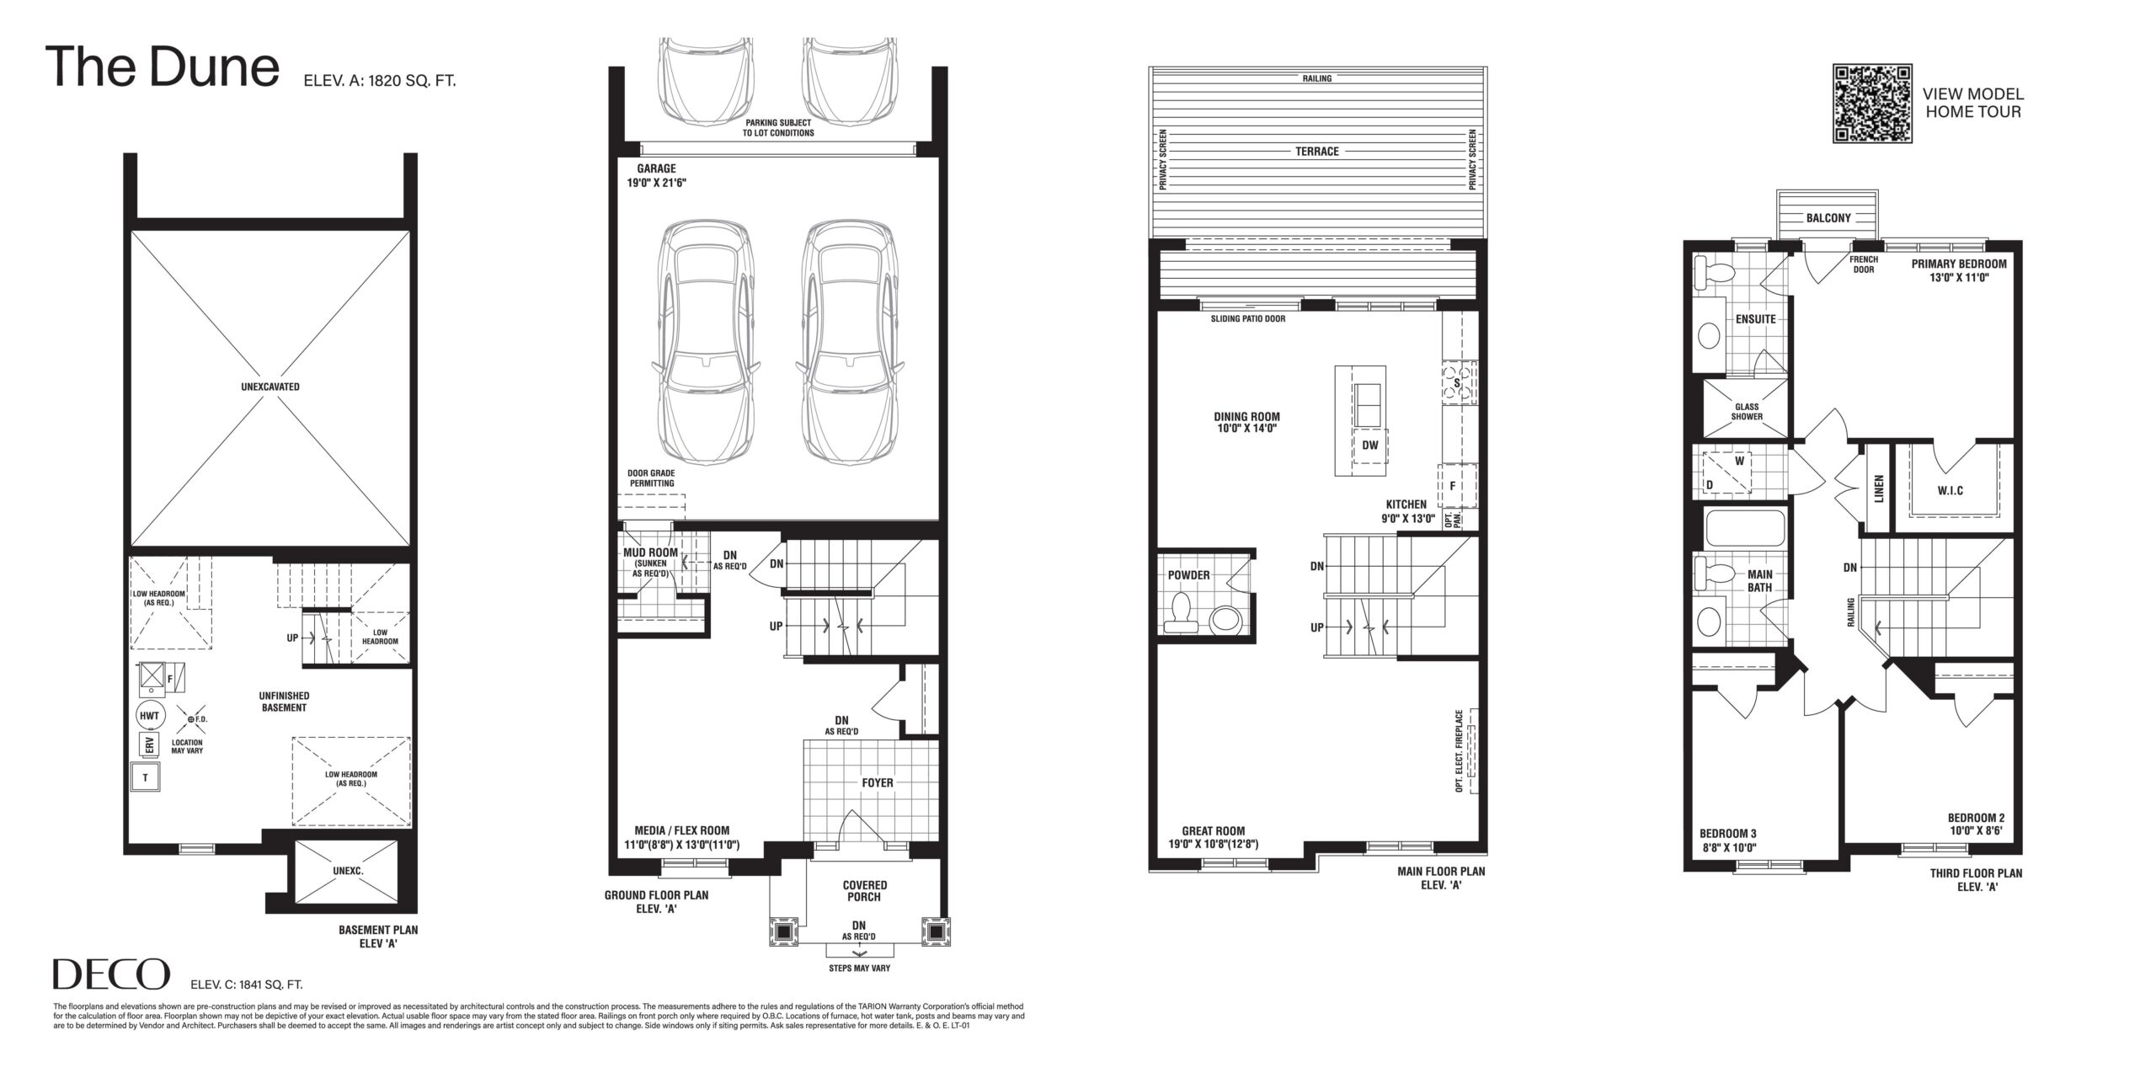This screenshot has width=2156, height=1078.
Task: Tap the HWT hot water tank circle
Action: tap(150, 716)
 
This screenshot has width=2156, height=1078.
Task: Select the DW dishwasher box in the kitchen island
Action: tap(1370, 446)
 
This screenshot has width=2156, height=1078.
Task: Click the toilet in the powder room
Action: tap(1181, 612)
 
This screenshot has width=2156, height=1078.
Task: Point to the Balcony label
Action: tap(1828, 218)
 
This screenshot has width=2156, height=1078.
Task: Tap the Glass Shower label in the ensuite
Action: tap(1747, 412)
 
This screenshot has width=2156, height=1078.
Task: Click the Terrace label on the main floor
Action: tap(1317, 152)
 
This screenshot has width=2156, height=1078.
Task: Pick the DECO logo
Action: tap(111, 975)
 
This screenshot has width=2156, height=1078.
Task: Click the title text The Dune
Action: tap(163, 67)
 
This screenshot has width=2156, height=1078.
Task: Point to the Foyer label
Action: tap(877, 782)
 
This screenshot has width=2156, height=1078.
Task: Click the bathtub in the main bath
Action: tap(1742, 531)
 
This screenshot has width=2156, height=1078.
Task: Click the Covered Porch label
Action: tap(865, 891)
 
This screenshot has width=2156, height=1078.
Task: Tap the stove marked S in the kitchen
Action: tap(1459, 383)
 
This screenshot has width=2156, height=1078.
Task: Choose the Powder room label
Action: tap(1188, 575)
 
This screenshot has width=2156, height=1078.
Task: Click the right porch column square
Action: tap(935, 932)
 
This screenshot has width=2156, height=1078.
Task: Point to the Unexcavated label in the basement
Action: tap(270, 387)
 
